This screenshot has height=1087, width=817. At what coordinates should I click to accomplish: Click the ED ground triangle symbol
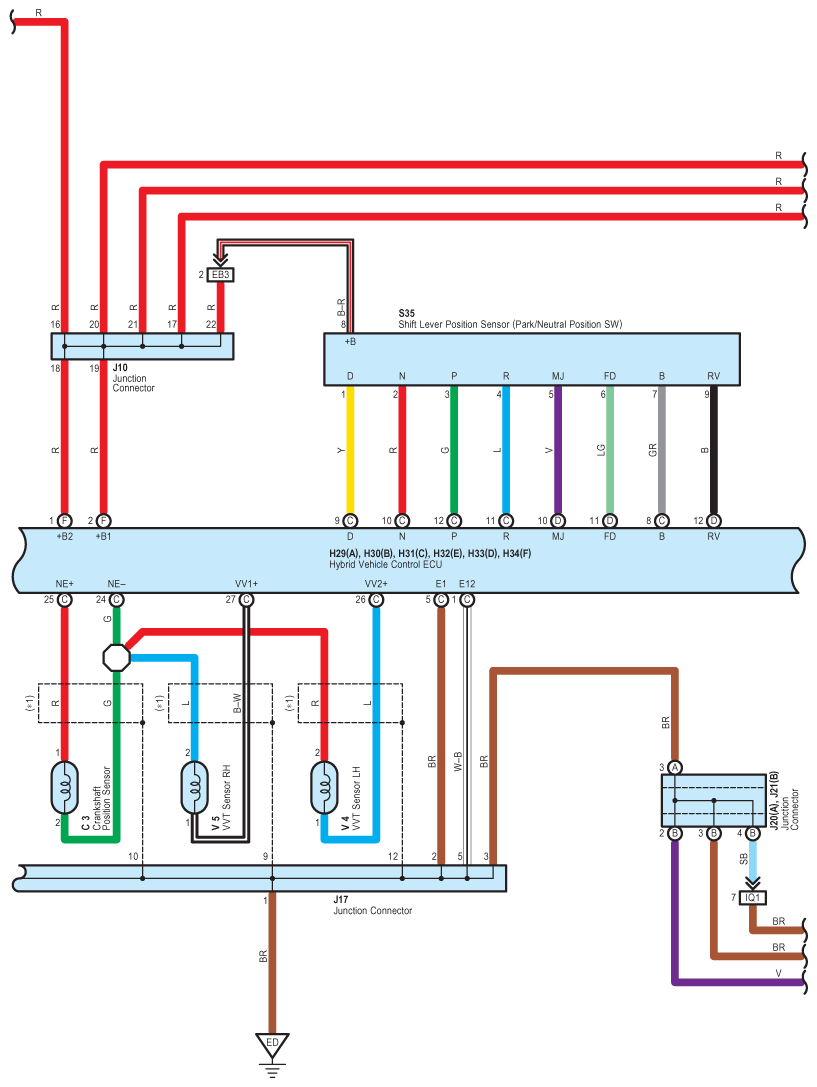coord(272,1045)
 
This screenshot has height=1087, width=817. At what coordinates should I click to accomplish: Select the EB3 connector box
coord(220,275)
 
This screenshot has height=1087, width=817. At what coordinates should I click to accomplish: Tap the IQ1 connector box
coord(753,898)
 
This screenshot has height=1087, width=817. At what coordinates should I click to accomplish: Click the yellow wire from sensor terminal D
coord(350,450)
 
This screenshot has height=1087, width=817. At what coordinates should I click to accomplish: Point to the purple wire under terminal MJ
coord(558,450)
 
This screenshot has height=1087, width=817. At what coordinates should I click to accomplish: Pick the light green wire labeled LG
coord(610,450)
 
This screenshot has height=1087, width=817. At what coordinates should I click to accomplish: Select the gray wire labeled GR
coord(662,450)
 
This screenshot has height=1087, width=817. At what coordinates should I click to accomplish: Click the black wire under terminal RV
coord(714,450)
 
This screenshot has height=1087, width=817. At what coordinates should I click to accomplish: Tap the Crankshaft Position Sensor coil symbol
coord(64,788)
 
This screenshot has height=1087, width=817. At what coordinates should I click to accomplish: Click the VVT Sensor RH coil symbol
coord(195,788)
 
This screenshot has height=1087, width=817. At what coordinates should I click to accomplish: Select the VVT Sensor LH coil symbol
coord(324,788)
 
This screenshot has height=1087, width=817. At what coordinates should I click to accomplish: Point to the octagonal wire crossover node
coord(116,657)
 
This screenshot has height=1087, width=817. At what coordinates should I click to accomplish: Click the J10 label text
coord(120,367)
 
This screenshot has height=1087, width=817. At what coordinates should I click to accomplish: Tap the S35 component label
coord(407,313)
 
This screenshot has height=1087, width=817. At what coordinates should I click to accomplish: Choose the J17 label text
coord(341,900)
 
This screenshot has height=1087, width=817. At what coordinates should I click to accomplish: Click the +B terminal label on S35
coord(350,342)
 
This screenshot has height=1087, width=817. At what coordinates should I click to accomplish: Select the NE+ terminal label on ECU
coord(64,584)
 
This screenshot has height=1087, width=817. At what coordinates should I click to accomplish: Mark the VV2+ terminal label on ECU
coord(376,584)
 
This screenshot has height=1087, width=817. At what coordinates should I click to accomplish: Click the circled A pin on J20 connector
coord(675,767)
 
